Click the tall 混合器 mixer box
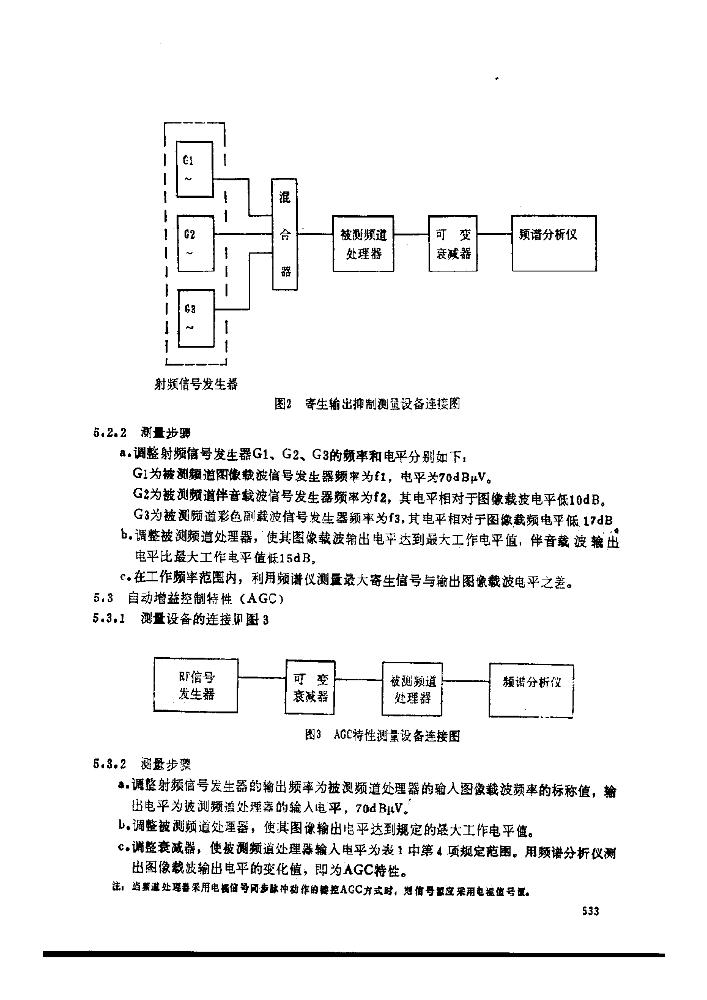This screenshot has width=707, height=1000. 285,234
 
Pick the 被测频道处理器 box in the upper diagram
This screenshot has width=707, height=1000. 362,243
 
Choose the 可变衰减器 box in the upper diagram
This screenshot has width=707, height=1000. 453,243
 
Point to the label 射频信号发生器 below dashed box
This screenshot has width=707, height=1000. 196,383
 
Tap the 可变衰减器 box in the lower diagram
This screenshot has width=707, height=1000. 312,687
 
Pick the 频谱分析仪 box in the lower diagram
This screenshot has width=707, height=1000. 530,686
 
